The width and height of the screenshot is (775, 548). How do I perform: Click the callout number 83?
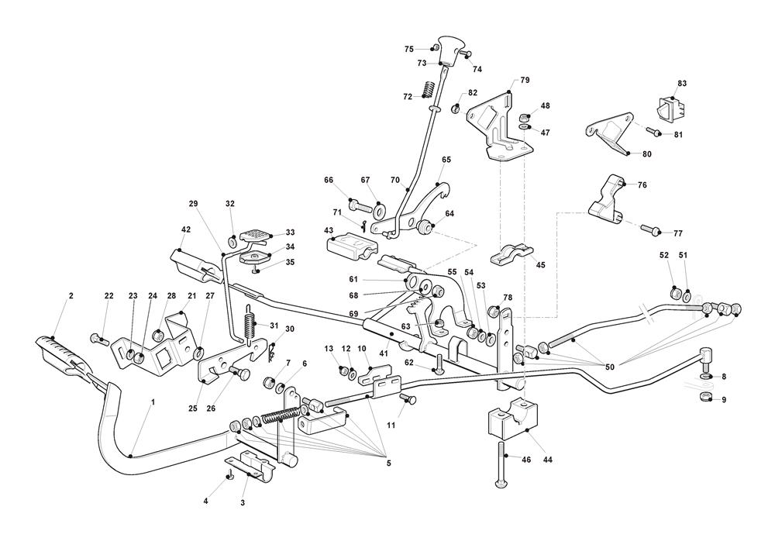click(x=682, y=83)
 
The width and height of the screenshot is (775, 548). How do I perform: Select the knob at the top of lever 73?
click(x=449, y=45)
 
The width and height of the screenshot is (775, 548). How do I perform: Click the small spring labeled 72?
click(x=426, y=90)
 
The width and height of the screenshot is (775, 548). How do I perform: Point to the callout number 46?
click(x=527, y=460)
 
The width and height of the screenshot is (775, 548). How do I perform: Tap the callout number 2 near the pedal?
click(x=71, y=295)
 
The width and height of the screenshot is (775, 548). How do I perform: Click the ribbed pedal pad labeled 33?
click(x=255, y=233)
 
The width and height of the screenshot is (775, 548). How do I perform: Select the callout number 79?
click(x=525, y=81)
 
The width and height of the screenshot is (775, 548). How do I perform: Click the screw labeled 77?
click(x=649, y=229)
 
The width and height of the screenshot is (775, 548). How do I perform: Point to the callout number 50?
click(x=610, y=366)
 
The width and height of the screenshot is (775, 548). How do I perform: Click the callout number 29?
click(x=193, y=203)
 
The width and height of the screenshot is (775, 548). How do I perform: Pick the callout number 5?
click(x=388, y=464)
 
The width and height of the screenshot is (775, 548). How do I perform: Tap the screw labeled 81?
click(x=654, y=133)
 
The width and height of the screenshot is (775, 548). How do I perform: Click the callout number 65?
click(x=446, y=160)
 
